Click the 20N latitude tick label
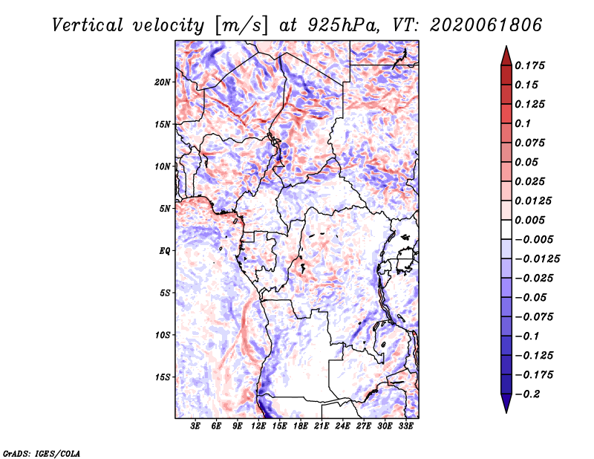162,82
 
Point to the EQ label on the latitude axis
164,251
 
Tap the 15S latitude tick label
162,377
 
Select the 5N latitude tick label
164,209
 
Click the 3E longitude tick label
195,426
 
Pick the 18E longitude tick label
301,426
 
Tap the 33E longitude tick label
405,426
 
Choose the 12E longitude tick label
258,426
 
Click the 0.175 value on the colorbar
529,65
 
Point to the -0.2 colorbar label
527,394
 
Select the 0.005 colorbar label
529,220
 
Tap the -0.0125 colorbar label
537,259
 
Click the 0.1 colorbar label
523,123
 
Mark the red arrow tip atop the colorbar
506,46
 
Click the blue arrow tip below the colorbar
506,412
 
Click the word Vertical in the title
88,25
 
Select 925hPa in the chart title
344,25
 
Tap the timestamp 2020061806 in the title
486,25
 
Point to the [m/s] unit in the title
241,26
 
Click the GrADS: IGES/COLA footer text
42,454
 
